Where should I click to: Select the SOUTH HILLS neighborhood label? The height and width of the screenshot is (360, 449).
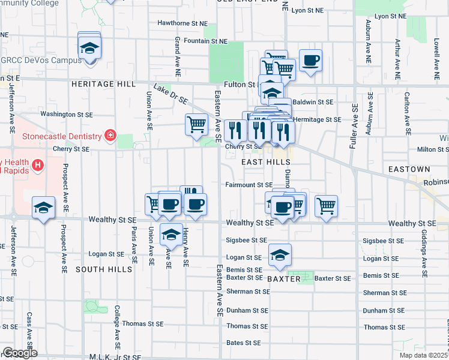coord(104,270)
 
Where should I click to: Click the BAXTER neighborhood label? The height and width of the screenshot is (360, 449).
coord(283,280)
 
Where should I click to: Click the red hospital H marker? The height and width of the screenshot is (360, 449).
coord(37,164)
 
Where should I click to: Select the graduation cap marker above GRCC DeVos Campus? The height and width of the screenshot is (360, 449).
coord(89,47)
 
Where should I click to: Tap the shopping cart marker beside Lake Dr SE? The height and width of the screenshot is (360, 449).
coord(196,125)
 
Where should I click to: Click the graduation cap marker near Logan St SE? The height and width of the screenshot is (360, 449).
coord(280,254)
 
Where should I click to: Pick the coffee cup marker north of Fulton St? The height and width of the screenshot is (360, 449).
coord(310,60)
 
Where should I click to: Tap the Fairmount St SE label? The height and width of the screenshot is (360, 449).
coord(249,185)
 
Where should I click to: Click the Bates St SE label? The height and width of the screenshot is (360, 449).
coord(243,343)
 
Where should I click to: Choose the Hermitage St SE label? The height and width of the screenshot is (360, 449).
coord(318,119)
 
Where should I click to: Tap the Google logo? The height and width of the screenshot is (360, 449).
coord(19,353)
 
